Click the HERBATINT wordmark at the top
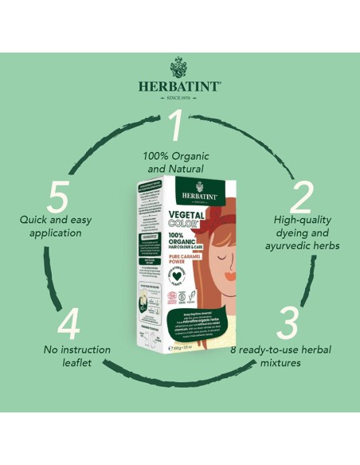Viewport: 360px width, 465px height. [x=180, y=85]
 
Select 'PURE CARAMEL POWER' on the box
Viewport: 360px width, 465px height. [x=162, y=256]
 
